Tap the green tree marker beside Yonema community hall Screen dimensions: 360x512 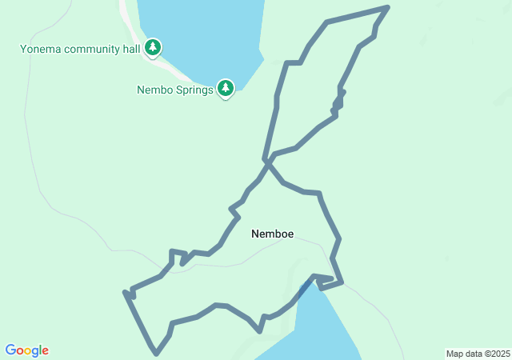tap(153, 48)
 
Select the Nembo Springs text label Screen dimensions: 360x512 tap(174, 90)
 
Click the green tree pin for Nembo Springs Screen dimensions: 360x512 tap(226, 88)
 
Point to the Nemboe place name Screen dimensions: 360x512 tap(272, 234)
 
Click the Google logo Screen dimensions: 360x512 tap(27, 350)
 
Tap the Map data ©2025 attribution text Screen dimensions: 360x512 tap(478, 354)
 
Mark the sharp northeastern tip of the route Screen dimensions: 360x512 tap(387, 7)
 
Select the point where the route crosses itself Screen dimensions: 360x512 tap(267, 162)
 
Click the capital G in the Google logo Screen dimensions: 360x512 tap(11, 350)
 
